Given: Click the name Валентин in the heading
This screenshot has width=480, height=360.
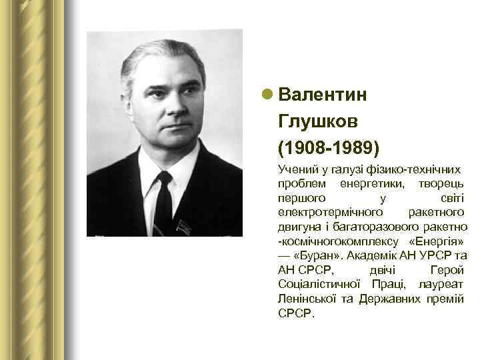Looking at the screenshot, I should tap(323, 94).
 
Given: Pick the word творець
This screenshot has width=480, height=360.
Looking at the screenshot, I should tap(439, 183).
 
